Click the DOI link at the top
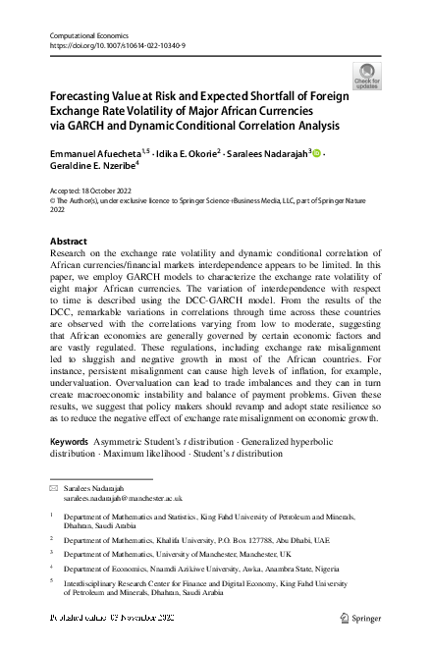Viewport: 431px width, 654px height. coord(117,46)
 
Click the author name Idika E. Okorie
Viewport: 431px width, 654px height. coord(185,154)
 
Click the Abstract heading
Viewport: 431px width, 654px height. coord(68,242)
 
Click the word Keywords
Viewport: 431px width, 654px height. coord(74,443)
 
